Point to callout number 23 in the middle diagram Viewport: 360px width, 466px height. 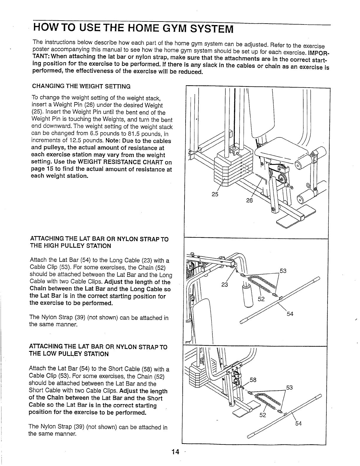click(x=225, y=285)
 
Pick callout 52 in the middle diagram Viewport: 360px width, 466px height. click(x=261, y=299)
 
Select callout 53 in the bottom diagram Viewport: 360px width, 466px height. click(x=289, y=388)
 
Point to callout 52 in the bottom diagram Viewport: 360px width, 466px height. click(x=263, y=416)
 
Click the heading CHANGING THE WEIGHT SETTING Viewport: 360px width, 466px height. click(x=81, y=86)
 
